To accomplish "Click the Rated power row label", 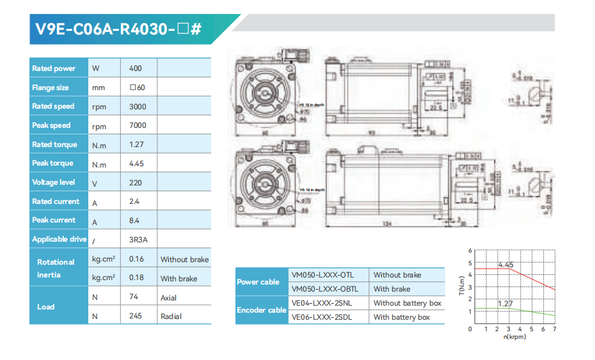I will [x=54, y=68].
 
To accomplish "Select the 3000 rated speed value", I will [x=138, y=106].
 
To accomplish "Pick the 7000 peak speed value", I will [x=138, y=125].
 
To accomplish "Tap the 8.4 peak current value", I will [x=135, y=220].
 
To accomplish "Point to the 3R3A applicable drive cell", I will [x=139, y=239].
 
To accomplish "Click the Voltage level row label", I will [x=54, y=182].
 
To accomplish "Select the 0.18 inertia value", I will [x=136, y=278].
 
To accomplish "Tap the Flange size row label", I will [x=51, y=88].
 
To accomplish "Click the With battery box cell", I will [x=402, y=317].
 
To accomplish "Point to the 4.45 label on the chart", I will [x=505, y=265].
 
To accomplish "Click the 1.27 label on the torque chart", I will [x=505, y=304].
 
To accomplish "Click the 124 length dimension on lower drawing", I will [x=386, y=223].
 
